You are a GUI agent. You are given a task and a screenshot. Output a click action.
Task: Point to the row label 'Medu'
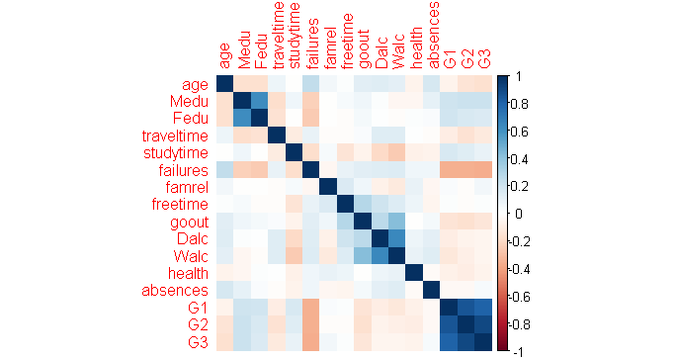point(189,101)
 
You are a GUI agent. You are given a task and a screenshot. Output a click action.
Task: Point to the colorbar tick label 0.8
point(517,104)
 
